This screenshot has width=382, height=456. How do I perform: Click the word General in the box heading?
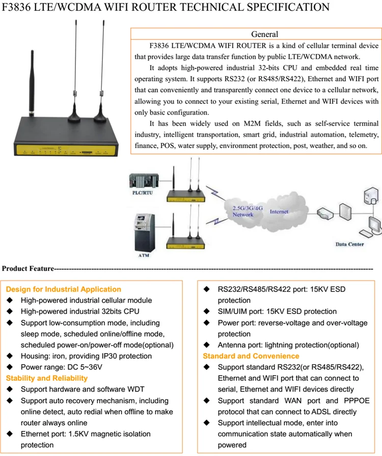(265, 34)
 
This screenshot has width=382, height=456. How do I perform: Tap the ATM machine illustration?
(143, 232)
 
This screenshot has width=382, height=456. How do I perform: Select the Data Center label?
(349, 244)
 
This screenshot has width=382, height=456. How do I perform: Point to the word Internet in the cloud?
(279, 211)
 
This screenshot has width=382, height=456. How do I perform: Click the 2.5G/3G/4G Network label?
(243, 211)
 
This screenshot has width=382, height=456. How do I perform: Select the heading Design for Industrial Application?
(63, 289)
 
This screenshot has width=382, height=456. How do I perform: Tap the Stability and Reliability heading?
(46, 378)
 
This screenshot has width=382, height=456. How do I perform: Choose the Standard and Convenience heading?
(251, 356)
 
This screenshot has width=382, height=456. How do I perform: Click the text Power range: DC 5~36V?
(61, 367)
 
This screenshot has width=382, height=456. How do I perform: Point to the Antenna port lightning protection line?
(288, 345)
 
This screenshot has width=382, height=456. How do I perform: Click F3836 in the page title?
(18, 7)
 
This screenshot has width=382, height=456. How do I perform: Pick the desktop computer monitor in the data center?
(372, 224)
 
